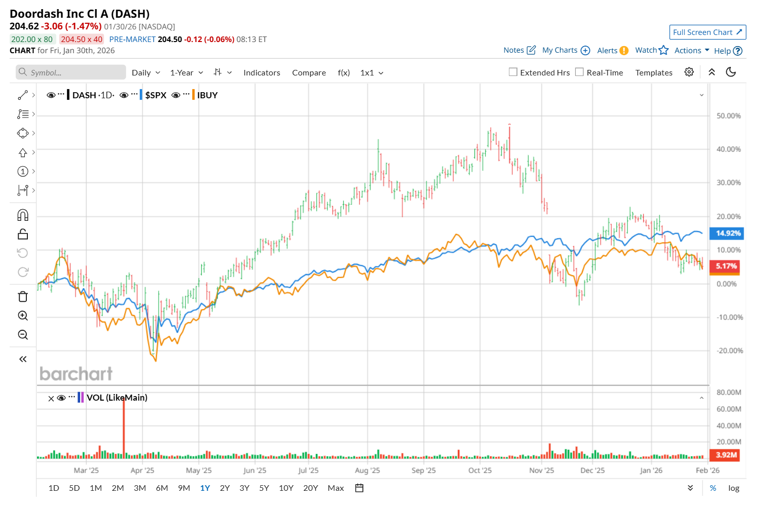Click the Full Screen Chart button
[x=707, y=32]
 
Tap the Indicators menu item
[x=262, y=73]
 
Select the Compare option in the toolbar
[x=309, y=73]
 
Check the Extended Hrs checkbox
[x=513, y=72]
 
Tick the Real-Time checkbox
[x=579, y=72]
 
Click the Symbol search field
[x=71, y=72]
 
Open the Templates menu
[x=653, y=73]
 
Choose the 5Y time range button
[x=264, y=488]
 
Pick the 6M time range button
[x=162, y=488]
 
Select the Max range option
[x=336, y=488]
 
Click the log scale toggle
[x=733, y=488]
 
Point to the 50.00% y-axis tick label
[x=728, y=116]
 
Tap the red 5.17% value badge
[x=726, y=266]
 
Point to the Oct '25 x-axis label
[x=480, y=471]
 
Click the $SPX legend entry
[x=156, y=95]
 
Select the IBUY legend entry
[x=207, y=95]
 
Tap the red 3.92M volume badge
[x=725, y=455]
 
